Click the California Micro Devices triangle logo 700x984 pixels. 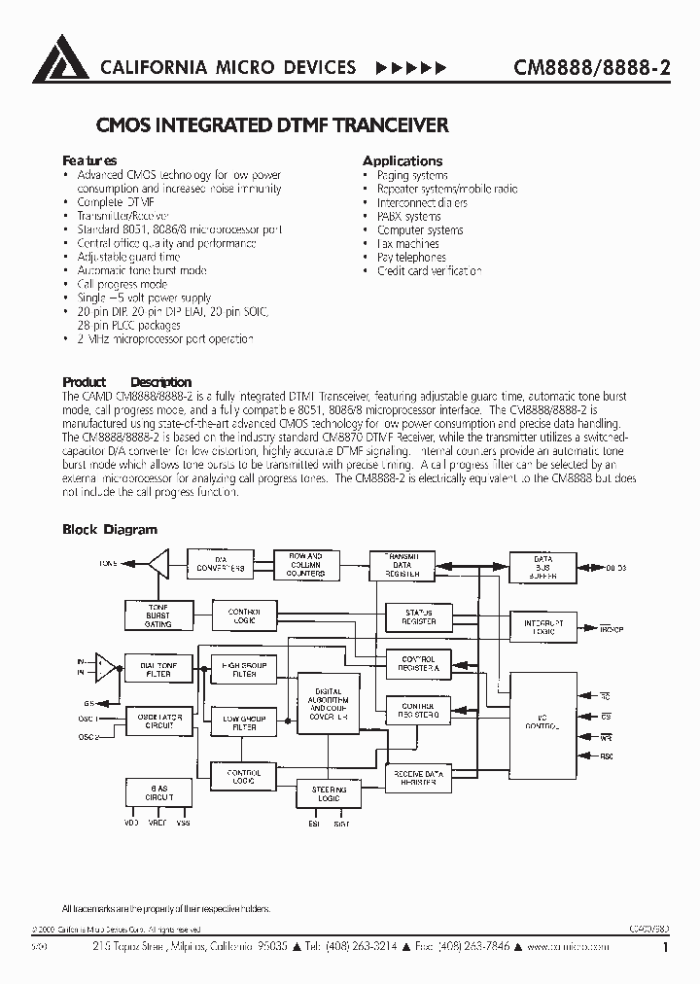pyautogui.click(x=61, y=58)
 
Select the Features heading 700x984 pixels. pyautogui.click(x=89, y=160)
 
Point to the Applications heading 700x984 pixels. pyautogui.click(x=402, y=160)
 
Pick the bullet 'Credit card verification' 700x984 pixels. pyautogui.click(x=429, y=271)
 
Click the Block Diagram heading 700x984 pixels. pyautogui.click(x=109, y=530)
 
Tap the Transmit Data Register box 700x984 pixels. pyautogui.click(x=402, y=564)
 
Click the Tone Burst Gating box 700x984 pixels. pyautogui.click(x=157, y=615)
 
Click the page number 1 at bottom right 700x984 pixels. pyautogui.click(x=665, y=947)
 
